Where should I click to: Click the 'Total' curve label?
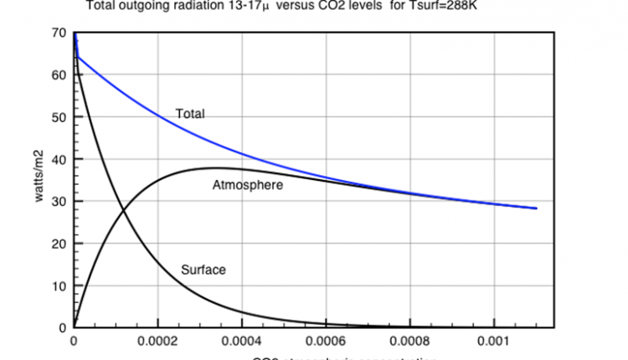[190, 113]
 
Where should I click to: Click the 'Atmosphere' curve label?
[248, 185]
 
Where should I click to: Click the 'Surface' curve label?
[203, 270]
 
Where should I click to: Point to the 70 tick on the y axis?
[58, 33]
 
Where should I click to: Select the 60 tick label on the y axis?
[58, 75]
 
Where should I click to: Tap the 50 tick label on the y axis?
[58, 117]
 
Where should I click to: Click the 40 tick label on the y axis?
[58, 159]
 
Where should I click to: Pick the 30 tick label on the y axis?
[58, 202]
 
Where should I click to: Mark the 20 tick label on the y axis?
[58, 244]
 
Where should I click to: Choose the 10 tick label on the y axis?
[58, 285]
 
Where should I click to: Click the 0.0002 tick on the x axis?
[157, 342]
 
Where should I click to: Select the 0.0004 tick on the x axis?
[242, 342]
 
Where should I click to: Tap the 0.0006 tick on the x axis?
[326, 342]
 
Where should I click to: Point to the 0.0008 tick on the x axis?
[410, 342]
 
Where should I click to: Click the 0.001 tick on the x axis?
[493, 342]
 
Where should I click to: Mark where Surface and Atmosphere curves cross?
[124, 209]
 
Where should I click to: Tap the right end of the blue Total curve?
[536, 208]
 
